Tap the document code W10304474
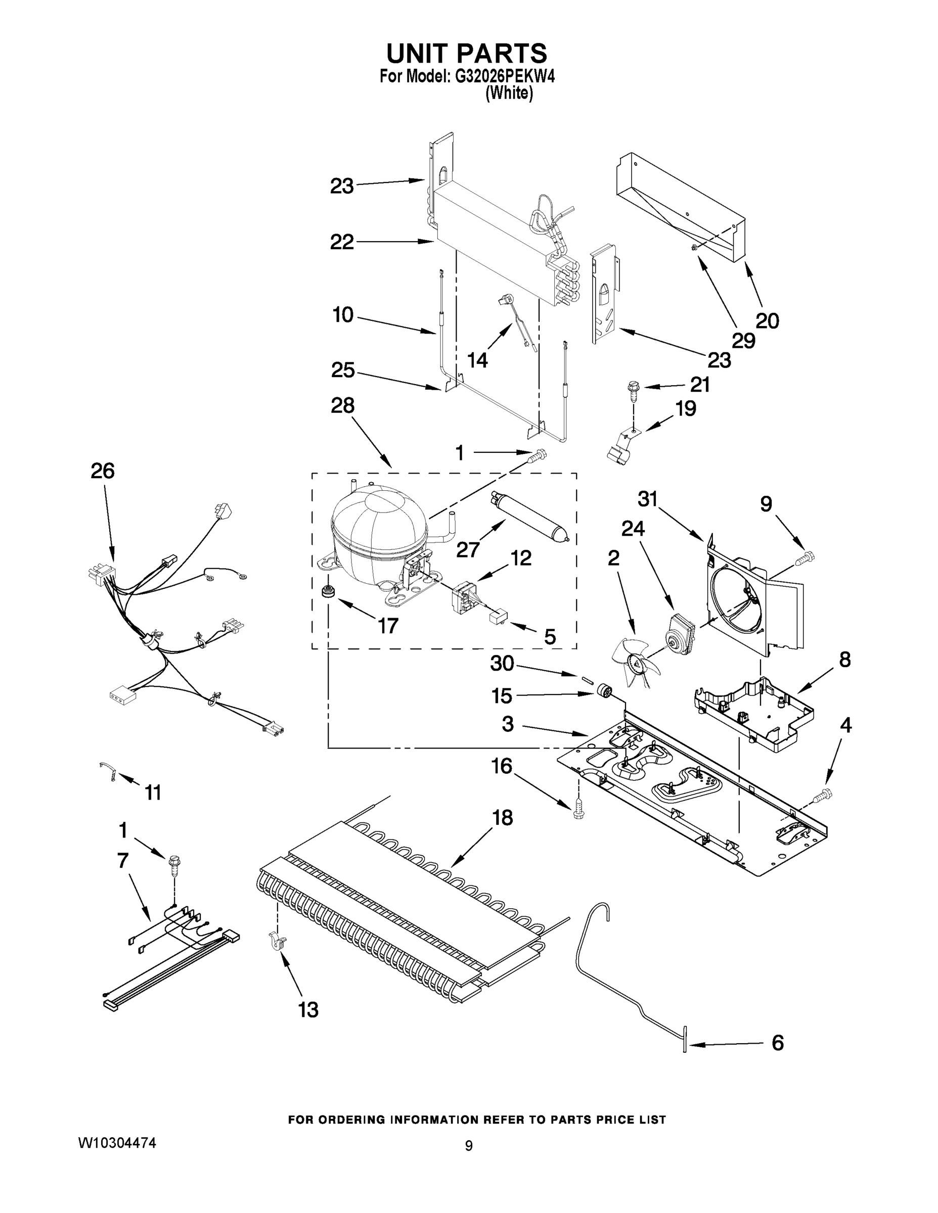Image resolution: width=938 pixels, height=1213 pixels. click(x=117, y=1142)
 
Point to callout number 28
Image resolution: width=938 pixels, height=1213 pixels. click(x=342, y=405)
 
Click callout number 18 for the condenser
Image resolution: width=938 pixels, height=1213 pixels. click(x=502, y=818)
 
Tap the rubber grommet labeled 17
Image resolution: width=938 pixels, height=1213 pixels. click(x=328, y=591)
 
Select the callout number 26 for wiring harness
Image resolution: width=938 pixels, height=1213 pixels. click(x=102, y=471)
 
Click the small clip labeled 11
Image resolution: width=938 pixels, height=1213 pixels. click(x=108, y=770)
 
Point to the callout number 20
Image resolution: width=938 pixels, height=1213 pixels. click(x=768, y=320)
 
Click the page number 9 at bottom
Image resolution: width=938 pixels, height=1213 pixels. click(x=468, y=1146)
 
